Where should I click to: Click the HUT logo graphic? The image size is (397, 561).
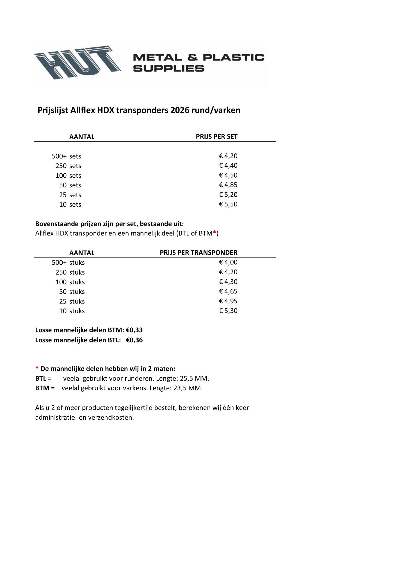pos(77,62)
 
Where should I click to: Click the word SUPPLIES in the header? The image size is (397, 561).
pos(168,68)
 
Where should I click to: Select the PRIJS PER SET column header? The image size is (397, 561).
pos(216,137)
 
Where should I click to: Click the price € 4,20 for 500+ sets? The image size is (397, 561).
pos(228,156)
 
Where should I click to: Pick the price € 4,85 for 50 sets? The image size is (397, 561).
pos(228,185)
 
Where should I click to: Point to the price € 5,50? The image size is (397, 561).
pos(228,204)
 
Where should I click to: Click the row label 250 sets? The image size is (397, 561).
pos(68,166)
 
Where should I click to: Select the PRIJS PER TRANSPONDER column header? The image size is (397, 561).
pos(198,252)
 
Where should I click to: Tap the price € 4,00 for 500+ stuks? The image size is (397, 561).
pos(228,262)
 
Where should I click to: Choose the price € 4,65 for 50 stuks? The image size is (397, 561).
pos(228,291)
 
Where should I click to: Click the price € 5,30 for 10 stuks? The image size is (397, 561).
pos(228,311)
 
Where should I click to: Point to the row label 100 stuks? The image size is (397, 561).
pos(70,282)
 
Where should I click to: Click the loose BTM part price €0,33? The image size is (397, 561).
pos(134,330)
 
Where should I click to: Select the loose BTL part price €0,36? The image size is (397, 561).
pos(134,340)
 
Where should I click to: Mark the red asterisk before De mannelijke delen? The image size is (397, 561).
pos(37,368)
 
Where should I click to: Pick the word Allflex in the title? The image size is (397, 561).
pos(83,110)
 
